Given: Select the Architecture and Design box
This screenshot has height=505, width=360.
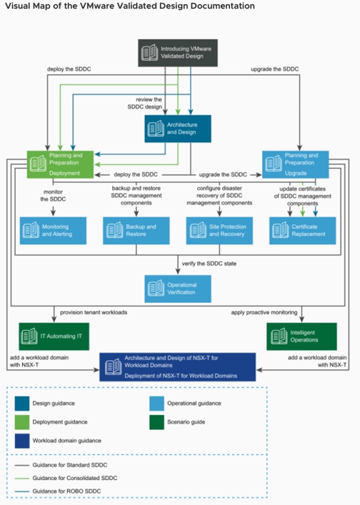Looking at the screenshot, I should [179, 128].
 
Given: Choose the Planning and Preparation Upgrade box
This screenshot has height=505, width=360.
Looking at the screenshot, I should [295, 164].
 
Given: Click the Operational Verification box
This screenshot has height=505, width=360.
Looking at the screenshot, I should [179, 289].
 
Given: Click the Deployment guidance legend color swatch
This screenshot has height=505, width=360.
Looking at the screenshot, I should [23, 422].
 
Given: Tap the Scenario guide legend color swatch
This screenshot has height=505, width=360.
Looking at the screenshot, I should [156, 422].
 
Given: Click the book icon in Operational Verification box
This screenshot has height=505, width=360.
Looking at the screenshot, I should [155, 289].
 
